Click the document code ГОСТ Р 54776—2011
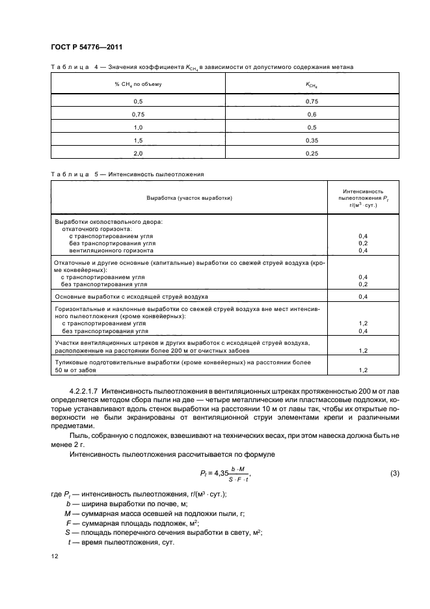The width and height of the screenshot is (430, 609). [x=86, y=47]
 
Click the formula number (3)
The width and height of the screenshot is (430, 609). [x=394, y=473]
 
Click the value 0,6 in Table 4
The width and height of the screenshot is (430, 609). [x=311, y=114]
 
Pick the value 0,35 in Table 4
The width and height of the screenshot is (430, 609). [x=311, y=139]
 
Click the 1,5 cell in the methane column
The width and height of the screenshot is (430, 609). [x=137, y=139]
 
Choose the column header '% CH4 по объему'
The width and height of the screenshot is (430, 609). [x=137, y=84]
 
